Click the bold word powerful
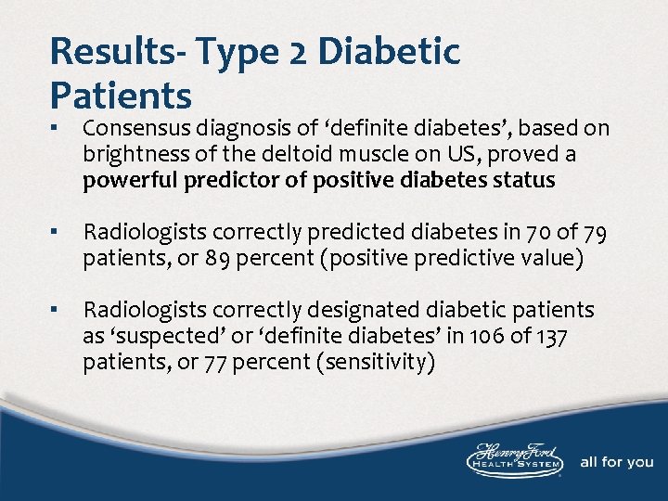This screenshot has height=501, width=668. click(x=124, y=180)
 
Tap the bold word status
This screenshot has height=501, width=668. click(x=525, y=180)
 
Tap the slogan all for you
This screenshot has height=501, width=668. click(x=616, y=462)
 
